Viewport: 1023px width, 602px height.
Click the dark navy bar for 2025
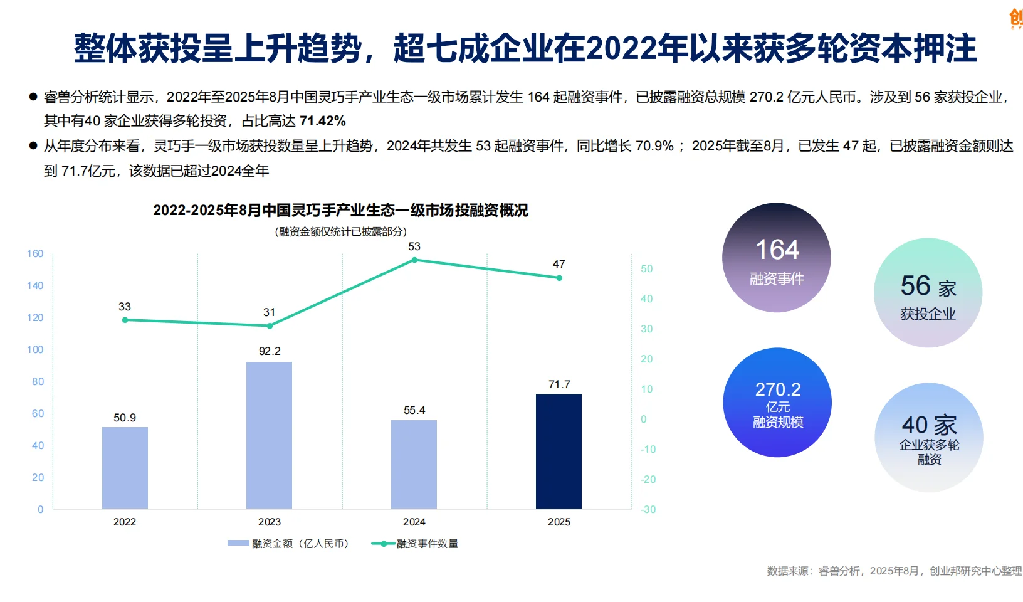coord(559,451)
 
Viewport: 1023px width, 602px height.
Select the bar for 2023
coord(269,435)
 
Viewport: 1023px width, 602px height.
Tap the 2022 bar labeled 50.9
coord(125,468)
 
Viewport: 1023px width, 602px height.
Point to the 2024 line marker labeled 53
coord(414,260)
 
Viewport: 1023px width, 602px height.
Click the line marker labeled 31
coord(270,326)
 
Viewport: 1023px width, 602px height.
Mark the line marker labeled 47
coord(559,278)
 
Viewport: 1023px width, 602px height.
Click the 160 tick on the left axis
coord(35,254)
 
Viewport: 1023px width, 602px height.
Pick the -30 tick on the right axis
coord(648,510)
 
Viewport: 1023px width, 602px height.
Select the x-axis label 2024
coord(414,522)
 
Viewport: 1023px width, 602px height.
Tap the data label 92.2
coord(270,351)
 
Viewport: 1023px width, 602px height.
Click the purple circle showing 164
coord(777,258)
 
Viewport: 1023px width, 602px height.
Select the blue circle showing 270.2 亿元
coord(777,403)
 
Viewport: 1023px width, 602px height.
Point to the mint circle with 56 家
coord(928,293)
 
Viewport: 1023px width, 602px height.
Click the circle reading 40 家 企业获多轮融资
coord(929,438)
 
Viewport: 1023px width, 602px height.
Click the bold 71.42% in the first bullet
coord(323,121)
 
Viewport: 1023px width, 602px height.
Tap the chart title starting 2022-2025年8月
coord(340,211)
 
